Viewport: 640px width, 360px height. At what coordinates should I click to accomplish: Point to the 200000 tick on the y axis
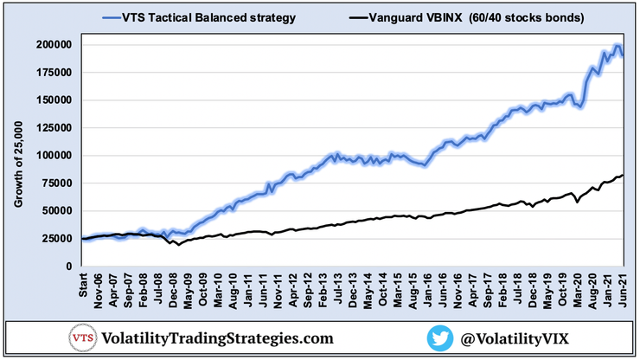(x=53, y=44)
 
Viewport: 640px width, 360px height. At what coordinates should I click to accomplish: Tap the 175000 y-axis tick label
(x=53, y=72)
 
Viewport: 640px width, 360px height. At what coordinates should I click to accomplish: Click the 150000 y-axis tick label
(x=53, y=100)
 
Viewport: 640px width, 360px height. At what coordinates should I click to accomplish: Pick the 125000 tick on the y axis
(x=53, y=127)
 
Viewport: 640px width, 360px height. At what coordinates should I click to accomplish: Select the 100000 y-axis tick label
(x=53, y=155)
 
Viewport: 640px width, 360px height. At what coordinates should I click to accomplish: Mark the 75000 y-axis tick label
(x=55, y=183)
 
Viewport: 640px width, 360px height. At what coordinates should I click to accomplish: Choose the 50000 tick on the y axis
(x=55, y=210)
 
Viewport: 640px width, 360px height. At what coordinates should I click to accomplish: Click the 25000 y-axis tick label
(x=55, y=238)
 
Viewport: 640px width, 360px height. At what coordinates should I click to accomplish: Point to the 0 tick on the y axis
(x=67, y=266)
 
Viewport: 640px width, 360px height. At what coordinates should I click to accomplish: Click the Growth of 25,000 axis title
(x=17, y=164)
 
